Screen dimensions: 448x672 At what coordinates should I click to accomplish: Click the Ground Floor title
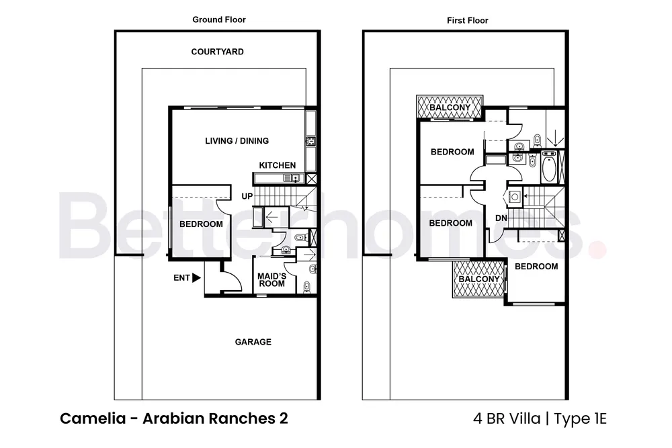click(x=219, y=19)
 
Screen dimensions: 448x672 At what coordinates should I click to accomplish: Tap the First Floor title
click(x=467, y=20)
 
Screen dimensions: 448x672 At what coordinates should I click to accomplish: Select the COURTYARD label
click(x=217, y=52)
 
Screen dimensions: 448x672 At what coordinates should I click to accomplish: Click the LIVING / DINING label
click(x=237, y=141)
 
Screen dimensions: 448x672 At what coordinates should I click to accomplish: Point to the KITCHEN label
click(x=278, y=165)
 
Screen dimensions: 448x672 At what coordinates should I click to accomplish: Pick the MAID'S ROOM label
click(x=272, y=280)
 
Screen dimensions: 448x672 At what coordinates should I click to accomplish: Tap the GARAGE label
click(x=253, y=342)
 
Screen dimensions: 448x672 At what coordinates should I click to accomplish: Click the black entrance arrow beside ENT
click(x=197, y=277)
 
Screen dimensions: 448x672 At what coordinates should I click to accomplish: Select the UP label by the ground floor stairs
click(x=247, y=196)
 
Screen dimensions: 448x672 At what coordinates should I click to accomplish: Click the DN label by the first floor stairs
click(x=501, y=218)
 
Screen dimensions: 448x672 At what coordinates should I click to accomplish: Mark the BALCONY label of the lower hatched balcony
click(x=479, y=279)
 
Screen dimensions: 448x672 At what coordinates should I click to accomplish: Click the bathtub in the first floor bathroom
click(x=550, y=167)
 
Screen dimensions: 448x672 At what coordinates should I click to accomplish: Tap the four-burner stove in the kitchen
click(x=311, y=141)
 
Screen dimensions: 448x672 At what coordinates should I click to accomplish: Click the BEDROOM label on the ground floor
click(x=201, y=224)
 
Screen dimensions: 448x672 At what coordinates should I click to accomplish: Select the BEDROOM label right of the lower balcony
click(x=536, y=267)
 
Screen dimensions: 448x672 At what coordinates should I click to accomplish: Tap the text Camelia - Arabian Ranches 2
click(x=174, y=418)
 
